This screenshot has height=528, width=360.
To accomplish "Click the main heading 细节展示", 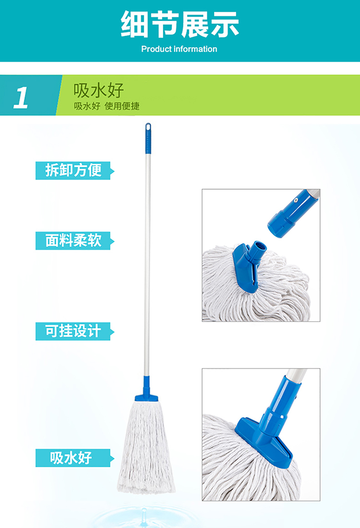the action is click(x=180, y=24).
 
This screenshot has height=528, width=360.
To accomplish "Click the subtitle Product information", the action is click(x=179, y=49).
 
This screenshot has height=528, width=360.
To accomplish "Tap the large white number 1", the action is click(x=21, y=98).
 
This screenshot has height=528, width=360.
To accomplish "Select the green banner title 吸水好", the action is click(x=99, y=90).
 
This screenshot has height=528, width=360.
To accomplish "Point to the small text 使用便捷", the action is click(x=122, y=106).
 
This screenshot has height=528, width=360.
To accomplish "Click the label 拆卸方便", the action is click(x=73, y=170).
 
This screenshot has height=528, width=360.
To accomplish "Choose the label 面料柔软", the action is click(x=73, y=240).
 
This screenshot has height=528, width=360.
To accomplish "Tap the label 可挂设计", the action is click(x=73, y=331).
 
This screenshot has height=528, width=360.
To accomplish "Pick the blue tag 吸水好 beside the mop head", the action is click(x=71, y=458).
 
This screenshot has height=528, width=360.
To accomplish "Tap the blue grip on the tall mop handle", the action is click(x=148, y=139).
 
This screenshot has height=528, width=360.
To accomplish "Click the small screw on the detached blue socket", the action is click(x=296, y=200).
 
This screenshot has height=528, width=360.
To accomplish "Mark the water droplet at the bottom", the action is click(x=144, y=515).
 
